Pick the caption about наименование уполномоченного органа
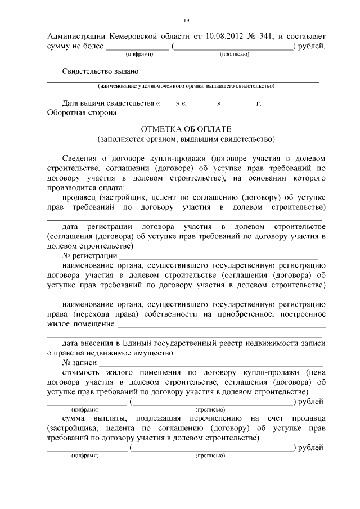tap(186, 87)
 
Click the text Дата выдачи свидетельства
tap(109, 104)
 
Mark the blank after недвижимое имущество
tap(235, 354)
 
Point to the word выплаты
tap(110, 419)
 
